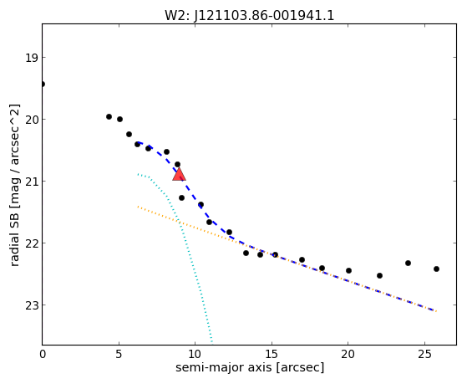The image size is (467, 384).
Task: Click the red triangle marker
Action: click(x=179, y=174)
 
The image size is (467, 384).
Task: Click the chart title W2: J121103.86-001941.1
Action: click(x=249, y=15)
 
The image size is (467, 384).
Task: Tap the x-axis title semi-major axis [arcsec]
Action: click(x=250, y=367)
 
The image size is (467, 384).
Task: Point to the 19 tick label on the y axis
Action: click(x=32, y=58)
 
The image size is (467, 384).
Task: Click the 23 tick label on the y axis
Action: click(x=32, y=305)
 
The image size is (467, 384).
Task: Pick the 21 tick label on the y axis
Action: click(x=32, y=182)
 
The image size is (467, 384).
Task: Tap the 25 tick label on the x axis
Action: click(x=424, y=354)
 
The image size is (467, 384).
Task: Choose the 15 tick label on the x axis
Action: click(x=272, y=354)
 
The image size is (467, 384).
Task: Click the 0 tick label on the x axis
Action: click(x=43, y=354)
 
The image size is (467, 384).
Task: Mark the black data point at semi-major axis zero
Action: click(x=43, y=84)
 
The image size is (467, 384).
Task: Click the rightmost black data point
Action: click(x=436, y=269)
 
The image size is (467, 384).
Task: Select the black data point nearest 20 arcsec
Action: click(x=348, y=270)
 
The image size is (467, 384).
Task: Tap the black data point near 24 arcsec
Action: click(x=408, y=263)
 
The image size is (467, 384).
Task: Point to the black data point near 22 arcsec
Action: click(x=379, y=275)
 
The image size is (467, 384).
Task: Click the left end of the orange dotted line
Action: click(x=138, y=207)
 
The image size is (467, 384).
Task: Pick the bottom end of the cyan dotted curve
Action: click(x=211, y=341)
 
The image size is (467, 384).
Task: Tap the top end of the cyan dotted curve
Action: click(x=138, y=174)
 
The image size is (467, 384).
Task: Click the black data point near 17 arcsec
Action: click(x=302, y=259)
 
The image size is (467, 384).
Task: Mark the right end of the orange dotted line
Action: click(x=436, y=311)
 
